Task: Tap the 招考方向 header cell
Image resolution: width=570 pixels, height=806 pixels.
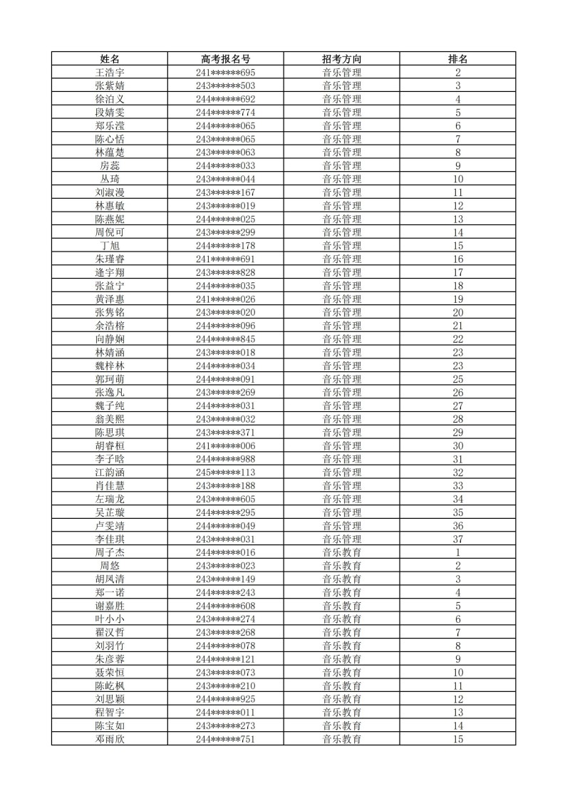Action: pos(341,59)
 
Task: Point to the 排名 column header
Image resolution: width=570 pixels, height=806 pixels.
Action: pos(457,59)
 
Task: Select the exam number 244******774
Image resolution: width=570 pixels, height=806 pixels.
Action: pos(225,113)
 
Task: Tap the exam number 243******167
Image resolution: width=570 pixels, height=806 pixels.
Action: pos(225,192)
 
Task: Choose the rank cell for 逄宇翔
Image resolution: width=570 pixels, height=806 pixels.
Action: pos(457,272)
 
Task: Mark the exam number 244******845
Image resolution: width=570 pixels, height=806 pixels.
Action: pos(225,339)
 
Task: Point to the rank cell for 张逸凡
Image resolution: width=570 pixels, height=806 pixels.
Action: pos(457,393)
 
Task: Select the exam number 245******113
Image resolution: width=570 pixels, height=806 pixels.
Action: pos(225,472)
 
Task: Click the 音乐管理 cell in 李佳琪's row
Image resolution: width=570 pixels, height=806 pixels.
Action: pos(341,539)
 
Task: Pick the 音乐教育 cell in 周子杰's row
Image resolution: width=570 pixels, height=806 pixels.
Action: pos(341,552)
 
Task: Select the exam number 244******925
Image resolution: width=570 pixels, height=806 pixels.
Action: pos(225,699)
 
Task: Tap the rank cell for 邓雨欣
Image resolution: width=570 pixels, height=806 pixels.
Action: pos(457,739)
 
